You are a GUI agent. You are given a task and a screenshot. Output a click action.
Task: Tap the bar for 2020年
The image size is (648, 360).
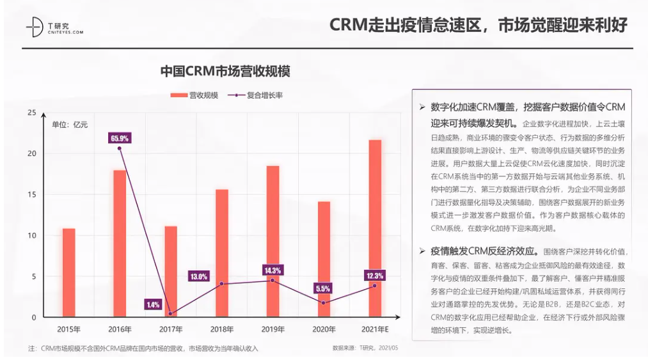324,259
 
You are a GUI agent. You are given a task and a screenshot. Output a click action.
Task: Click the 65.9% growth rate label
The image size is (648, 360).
120,137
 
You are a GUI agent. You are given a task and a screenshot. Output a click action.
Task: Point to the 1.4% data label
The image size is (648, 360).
153,304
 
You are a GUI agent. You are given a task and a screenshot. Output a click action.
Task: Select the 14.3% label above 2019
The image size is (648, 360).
273,270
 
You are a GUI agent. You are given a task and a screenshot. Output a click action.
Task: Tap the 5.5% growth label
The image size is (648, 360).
323,288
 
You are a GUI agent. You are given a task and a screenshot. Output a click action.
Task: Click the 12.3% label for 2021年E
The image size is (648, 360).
375,276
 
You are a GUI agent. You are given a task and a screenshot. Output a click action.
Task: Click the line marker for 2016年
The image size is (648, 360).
120,148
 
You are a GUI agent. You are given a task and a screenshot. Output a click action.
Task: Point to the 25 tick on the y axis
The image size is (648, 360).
32,113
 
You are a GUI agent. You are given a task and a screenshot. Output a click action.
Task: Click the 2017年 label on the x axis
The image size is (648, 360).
171,329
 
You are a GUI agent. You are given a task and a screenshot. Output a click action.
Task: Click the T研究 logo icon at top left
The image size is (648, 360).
34,27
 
